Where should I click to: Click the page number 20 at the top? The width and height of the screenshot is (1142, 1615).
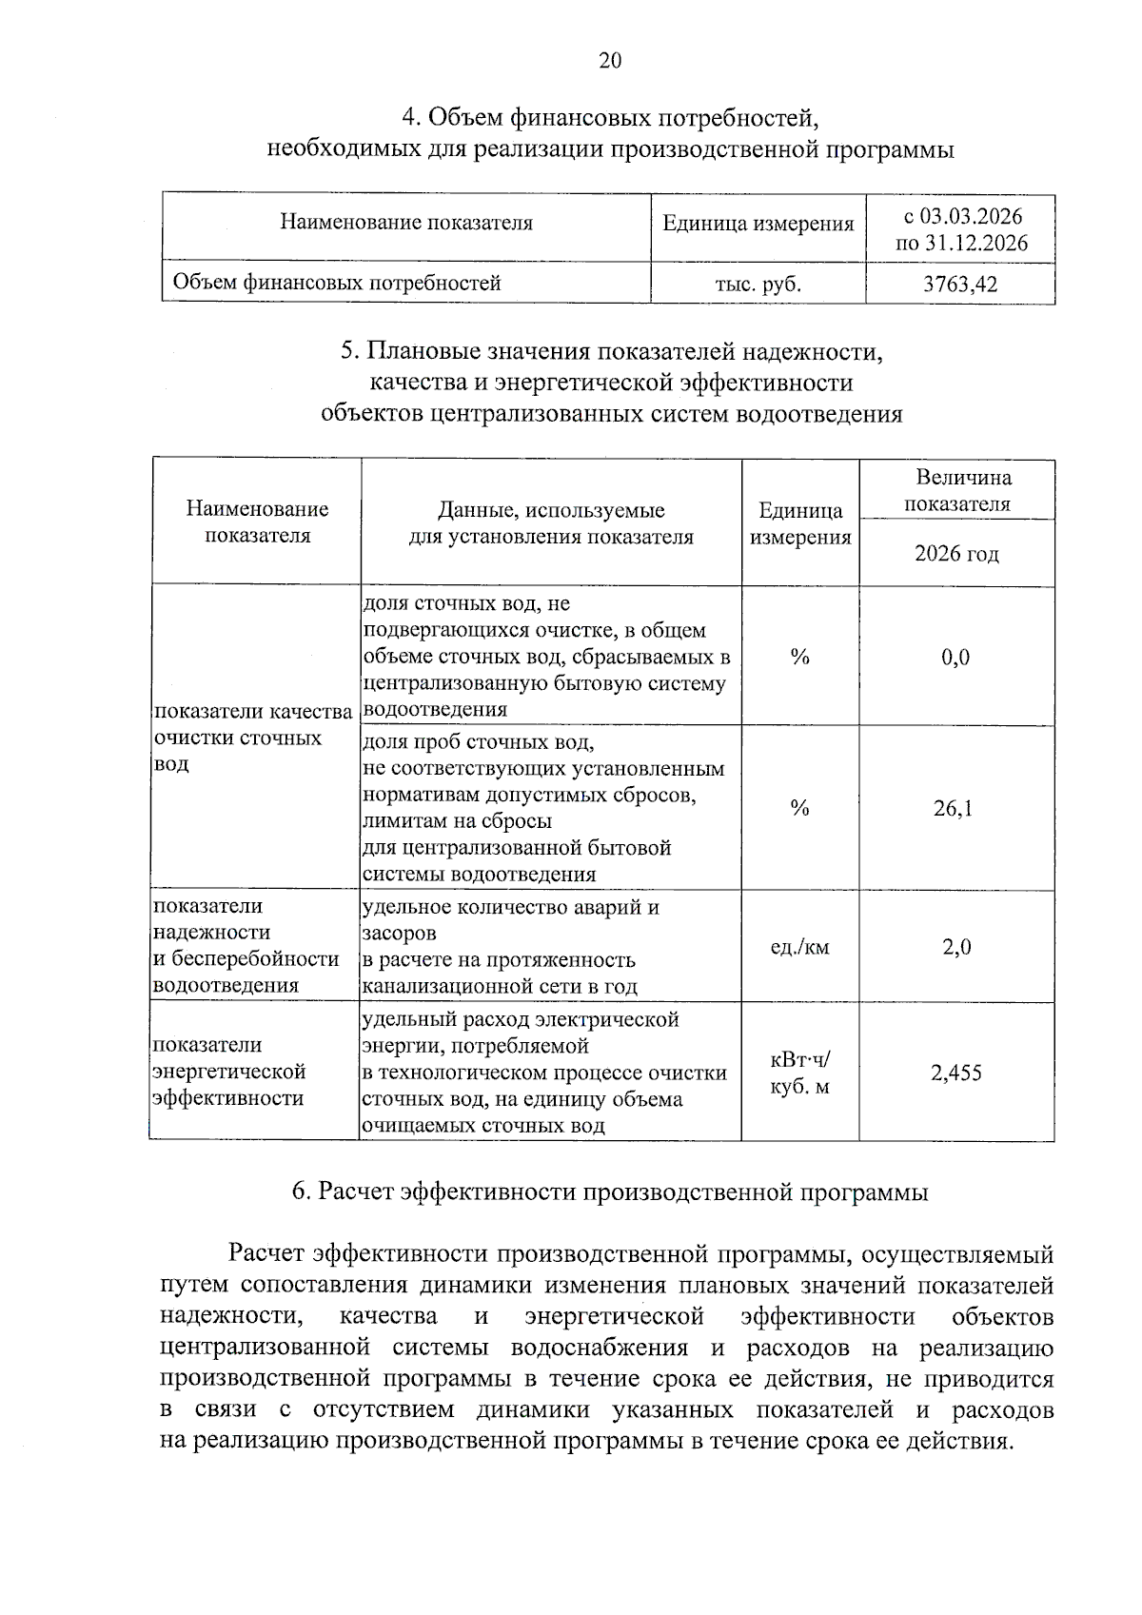[x=609, y=61]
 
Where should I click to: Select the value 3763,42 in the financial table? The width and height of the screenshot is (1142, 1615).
[x=960, y=284]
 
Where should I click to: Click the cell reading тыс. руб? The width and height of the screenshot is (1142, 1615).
[x=758, y=284]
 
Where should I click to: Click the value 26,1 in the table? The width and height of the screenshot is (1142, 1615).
[x=954, y=809]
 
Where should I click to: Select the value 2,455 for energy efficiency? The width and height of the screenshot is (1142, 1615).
[x=955, y=1073]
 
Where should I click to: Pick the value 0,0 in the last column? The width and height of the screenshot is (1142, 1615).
[x=955, y=657]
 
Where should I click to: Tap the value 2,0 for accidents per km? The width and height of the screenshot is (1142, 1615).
[x=956, y=947]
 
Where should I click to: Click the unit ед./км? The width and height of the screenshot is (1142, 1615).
[x=799, y=947]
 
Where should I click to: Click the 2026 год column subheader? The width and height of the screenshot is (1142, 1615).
[x=956, y=554]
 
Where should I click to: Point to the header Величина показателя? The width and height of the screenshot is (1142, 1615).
[x=956, y=490]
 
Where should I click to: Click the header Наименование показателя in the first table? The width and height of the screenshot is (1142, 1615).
[x=405, y=223]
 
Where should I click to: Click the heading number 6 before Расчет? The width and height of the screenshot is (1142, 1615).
[x=300, y=1192]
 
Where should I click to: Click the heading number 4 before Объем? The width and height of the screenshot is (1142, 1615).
[x=409, y=118]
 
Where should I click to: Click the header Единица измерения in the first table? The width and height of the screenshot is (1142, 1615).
[x=758, y=224]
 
